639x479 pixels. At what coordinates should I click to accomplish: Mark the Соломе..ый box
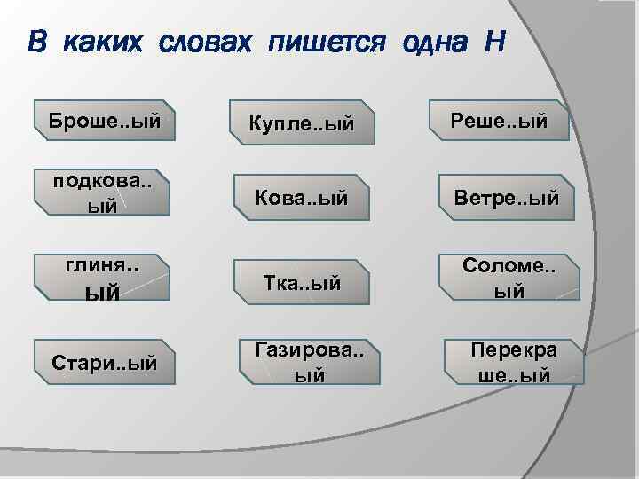509,278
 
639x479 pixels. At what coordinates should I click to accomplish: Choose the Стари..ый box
105,363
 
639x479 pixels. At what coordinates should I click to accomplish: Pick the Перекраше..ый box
515,363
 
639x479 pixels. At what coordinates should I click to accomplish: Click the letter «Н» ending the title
494,42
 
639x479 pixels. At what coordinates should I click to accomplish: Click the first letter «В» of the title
36,42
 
